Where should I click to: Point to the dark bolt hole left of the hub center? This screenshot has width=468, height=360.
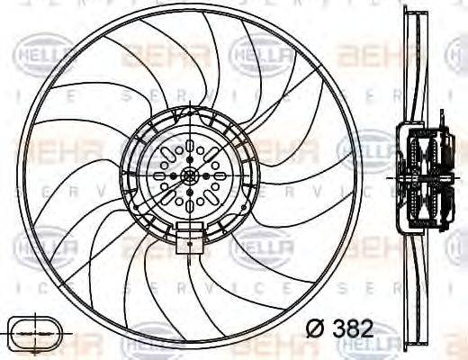click(175, 177)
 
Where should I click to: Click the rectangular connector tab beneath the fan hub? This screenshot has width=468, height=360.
click(189, 240)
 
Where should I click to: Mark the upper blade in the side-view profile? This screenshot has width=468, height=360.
click(413, 72)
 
